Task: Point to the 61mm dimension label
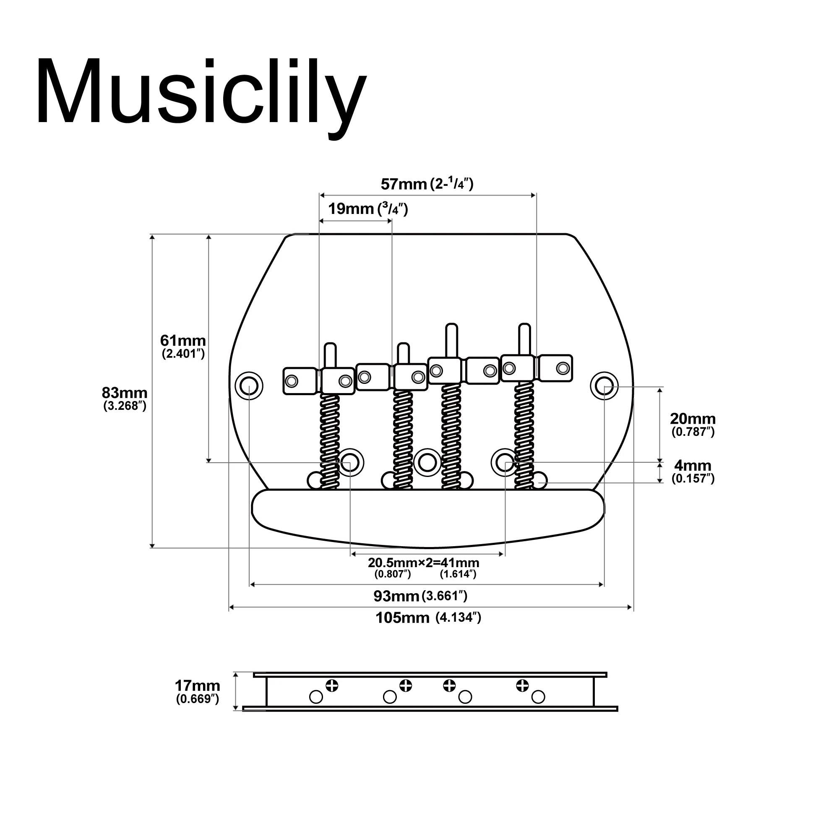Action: pos(183,341)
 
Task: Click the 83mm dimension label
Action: pos(125,393)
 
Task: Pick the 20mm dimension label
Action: pos(693,419)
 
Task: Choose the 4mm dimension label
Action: pos(693,466)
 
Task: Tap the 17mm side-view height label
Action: pos(197,686)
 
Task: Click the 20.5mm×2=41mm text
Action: pos(423,563)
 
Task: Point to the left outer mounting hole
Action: pos(249,385)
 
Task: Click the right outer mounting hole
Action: pos(604,385)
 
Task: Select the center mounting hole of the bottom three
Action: pos(427,461)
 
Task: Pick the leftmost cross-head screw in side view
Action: pos(332,686)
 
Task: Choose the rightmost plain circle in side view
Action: pos(538,697)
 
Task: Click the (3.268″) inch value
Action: pos(125,406)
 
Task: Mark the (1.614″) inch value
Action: pos(458,574)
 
